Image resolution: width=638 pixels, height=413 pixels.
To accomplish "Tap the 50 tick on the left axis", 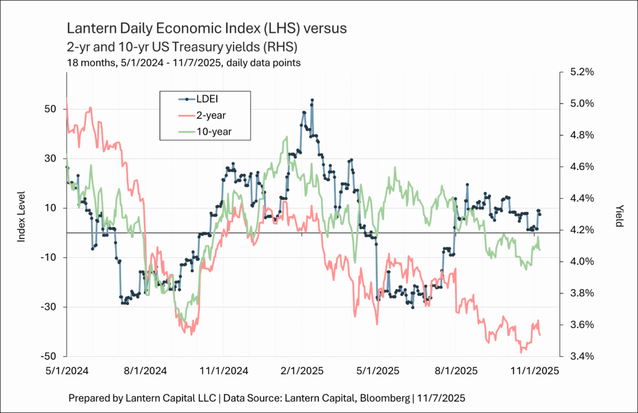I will (51, 109).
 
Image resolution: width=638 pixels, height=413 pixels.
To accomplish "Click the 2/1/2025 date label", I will (302, 370).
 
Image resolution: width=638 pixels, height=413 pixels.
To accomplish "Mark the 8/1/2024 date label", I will (146, 370).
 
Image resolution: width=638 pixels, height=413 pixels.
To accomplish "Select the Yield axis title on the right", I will (619, 215).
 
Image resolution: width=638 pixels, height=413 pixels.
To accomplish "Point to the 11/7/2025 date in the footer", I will (447, 397).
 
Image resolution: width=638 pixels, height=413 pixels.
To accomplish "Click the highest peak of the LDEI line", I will (312, 100).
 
